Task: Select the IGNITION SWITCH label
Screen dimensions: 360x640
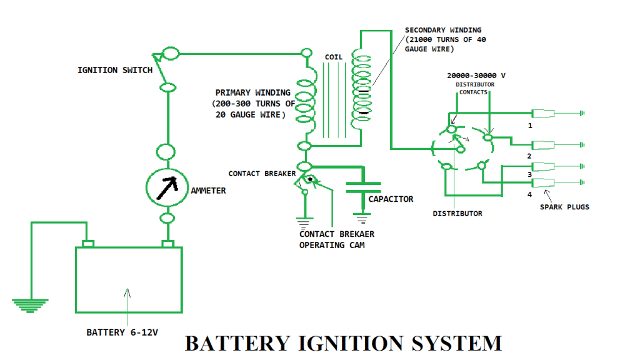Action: coord(114,70)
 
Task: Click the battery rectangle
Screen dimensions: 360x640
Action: coord(129,279)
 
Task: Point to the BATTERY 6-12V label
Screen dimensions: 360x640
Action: coord(122,332)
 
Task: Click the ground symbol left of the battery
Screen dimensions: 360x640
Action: coord(29,304)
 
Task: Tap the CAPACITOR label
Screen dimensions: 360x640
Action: coord(391,199)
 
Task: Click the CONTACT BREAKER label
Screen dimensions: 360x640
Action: coord(261,173)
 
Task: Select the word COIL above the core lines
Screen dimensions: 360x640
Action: coord(334,57)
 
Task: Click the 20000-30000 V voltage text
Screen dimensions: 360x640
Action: coord(476,75)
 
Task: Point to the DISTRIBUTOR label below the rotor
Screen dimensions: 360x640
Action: coord(457,214)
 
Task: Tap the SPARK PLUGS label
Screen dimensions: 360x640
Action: coord(564,207)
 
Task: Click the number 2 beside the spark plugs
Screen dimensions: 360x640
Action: coord(529,156)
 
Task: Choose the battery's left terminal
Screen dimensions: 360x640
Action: coord(87,243)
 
